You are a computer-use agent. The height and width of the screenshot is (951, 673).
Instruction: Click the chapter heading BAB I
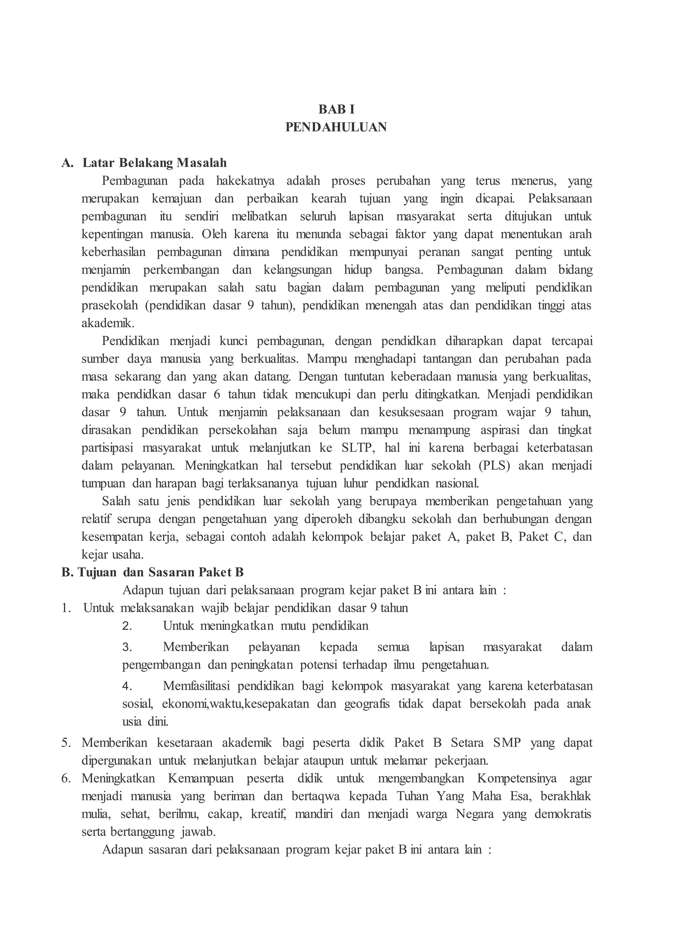(336, 109)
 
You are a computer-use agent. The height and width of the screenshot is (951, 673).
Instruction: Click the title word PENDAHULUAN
(336, 127)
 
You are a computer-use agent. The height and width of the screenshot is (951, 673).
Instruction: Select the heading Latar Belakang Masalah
(154, 163)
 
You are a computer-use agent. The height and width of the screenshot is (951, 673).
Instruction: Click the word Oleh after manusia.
(214, 234)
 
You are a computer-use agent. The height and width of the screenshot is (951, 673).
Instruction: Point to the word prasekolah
(109, 306)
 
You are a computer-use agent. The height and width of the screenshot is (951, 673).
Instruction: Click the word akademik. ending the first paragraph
(108, 323)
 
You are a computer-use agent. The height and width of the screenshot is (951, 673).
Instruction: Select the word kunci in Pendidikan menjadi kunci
(234, 341)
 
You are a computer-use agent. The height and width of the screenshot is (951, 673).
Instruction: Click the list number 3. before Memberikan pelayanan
(127, 647)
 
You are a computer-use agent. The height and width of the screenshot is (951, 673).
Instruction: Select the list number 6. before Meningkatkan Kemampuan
(67, 779)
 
